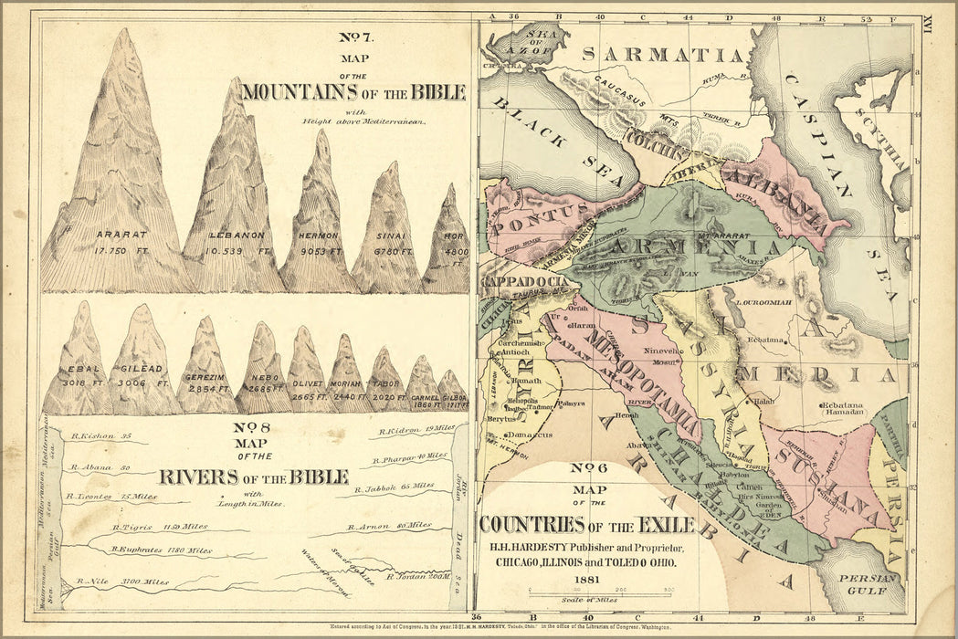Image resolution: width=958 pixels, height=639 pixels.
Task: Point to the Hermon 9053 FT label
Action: point(320,242)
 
